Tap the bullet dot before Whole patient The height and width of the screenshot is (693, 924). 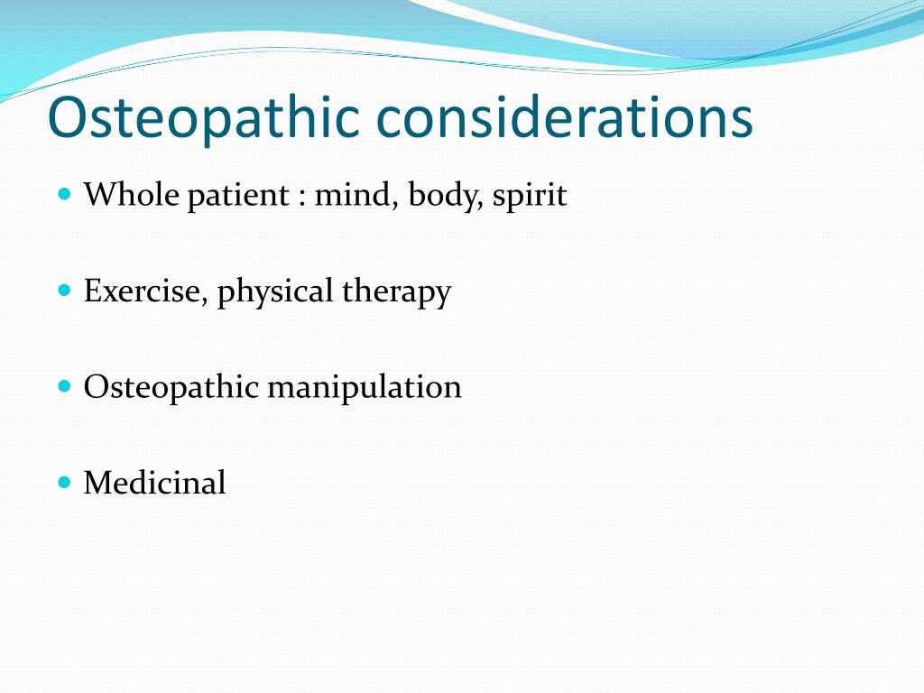coord(63,193)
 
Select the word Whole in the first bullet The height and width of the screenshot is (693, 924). coord(132,195)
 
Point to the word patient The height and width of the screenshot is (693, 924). coord(237,195)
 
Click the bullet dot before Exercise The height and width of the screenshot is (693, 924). coord(63,290)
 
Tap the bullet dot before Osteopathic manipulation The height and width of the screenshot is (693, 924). coord(63,385)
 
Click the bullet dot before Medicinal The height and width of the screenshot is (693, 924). coord(63,482)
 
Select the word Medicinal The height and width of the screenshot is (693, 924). coord(154,484)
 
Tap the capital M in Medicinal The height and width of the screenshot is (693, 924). coord(97,484)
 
